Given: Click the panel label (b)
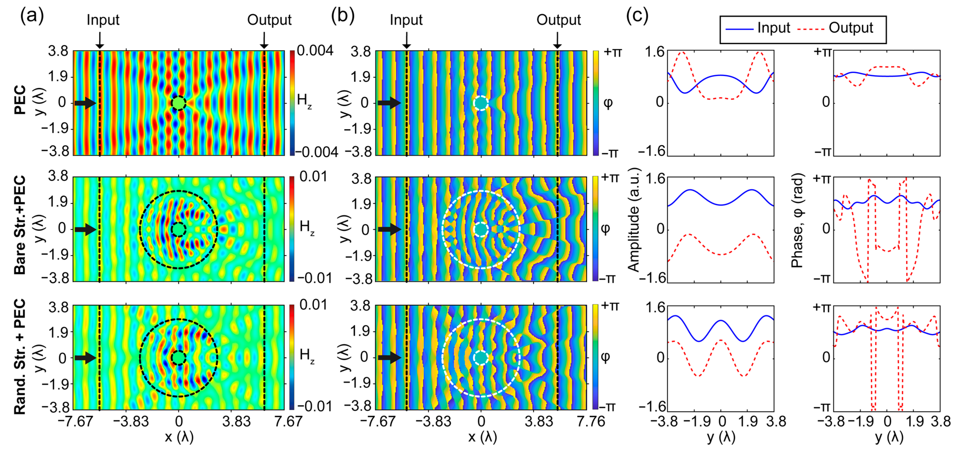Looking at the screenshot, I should (x=343, y=16).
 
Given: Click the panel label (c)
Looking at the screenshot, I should (x=637, y=16).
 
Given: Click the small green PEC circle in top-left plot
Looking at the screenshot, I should (x=179, y=103).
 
